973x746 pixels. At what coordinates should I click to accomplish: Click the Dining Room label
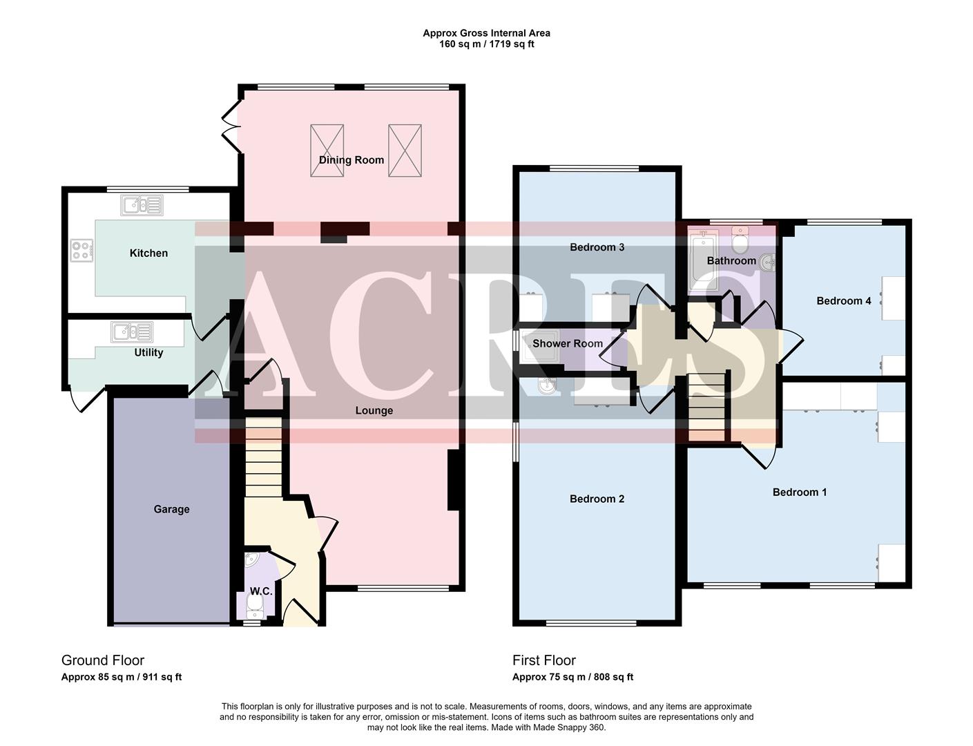coord(351,160)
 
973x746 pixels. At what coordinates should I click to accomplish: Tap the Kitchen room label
coord(148,253)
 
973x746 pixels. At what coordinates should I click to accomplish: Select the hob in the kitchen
coord(81,249)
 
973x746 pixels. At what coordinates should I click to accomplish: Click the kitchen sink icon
coord(142,205)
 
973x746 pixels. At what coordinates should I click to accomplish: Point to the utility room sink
coord(133,332)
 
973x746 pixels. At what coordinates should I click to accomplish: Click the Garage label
coord(171,509)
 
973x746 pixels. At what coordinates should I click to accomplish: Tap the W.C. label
coord(260,591)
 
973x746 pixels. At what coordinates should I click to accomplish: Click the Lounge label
coord(374,410)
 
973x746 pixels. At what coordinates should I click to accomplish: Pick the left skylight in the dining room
coord(327,151)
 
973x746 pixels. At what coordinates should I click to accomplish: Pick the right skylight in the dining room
coord(405,151)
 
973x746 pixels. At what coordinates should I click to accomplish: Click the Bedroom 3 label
coord(597,247)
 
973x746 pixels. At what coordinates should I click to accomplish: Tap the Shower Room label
coord(567,343)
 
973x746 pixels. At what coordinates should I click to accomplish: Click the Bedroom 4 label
coord(843,300)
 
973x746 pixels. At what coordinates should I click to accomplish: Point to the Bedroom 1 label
coord(799,492)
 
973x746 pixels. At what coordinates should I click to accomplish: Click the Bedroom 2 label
coord(597,499)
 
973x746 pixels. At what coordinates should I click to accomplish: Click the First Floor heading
coord(543,660)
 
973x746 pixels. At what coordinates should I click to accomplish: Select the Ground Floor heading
coord(103,660)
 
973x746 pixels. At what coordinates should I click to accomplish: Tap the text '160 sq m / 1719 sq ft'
coord(486,44)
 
